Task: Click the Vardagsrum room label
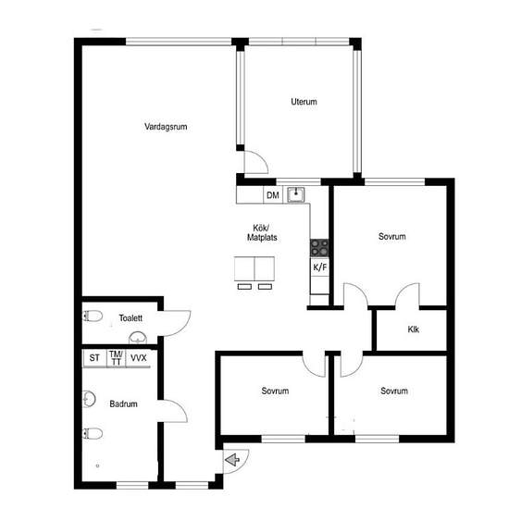point(166,127)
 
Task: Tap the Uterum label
point(304,102)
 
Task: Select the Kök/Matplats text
point(262,232)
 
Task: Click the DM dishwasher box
point(273,195)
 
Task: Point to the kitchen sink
point(296,194)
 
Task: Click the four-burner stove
point(319,248)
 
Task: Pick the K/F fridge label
point(320,267)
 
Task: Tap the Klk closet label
point(414,329)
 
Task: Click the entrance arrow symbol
point(232,460)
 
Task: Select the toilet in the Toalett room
point(93,316)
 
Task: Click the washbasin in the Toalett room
point(138,338)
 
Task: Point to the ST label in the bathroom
point(94,358)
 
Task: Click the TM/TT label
point(116,358)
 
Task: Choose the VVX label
point(139,358)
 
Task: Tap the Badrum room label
point(123,404)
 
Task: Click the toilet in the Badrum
point(93,433)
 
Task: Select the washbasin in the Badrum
point(89,399)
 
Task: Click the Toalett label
point(130,318)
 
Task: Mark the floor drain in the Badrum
point(97,466)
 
